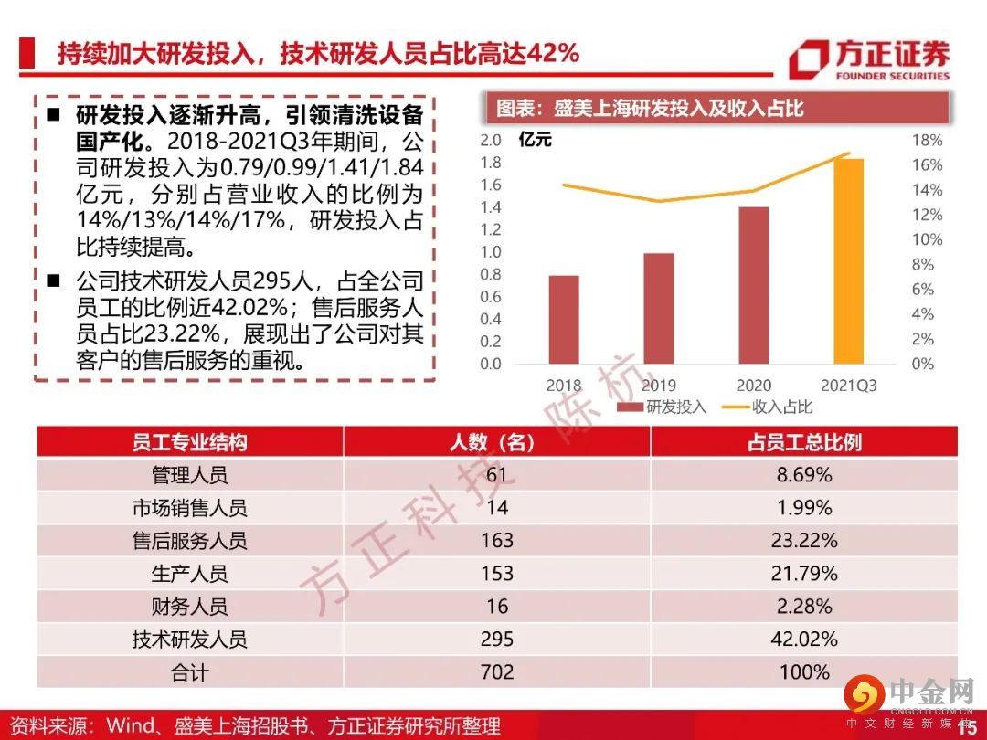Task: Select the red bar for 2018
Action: click(x=564, y=319)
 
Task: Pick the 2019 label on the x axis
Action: click(x=658, y=386)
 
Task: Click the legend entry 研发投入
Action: click(x=662, y=407)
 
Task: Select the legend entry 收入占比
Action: click(x=769, y=407)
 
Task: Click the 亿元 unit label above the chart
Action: click(x=536, y=141)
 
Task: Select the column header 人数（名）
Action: click(x=496, y=442)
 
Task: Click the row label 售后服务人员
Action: click(x=189, y=541)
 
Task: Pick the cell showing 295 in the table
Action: click(x=496, y=640)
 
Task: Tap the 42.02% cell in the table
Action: click(x=803, y=640)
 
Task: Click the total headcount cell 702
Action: click(x=496, y=672)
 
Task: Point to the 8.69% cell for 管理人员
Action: click(x=803, y=475)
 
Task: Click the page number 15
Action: click(x=966, y=727)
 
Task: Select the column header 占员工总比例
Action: click(x=803, y=442)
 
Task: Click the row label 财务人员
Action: click(x=189, y=607)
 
